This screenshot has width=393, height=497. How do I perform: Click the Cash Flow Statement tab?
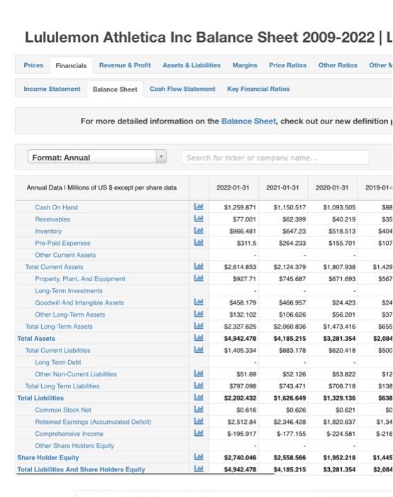coord(182,89)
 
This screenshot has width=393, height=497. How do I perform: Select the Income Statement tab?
coord(52,89)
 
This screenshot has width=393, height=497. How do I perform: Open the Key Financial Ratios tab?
coord(258,89)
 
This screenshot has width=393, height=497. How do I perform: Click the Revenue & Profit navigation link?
coord(125,65)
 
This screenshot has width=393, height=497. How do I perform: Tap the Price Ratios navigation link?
coord(287,65)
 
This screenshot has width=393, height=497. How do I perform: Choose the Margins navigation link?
coord(245,65)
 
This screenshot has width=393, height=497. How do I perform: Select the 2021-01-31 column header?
coord(282,187)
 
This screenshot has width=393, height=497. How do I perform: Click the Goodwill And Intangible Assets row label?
coord(79,302)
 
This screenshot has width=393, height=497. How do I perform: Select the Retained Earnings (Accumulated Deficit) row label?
coord(92,422)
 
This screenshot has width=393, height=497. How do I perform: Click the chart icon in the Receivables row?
coord(198,219)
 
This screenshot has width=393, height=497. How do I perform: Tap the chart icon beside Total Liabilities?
coord(198,398)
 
